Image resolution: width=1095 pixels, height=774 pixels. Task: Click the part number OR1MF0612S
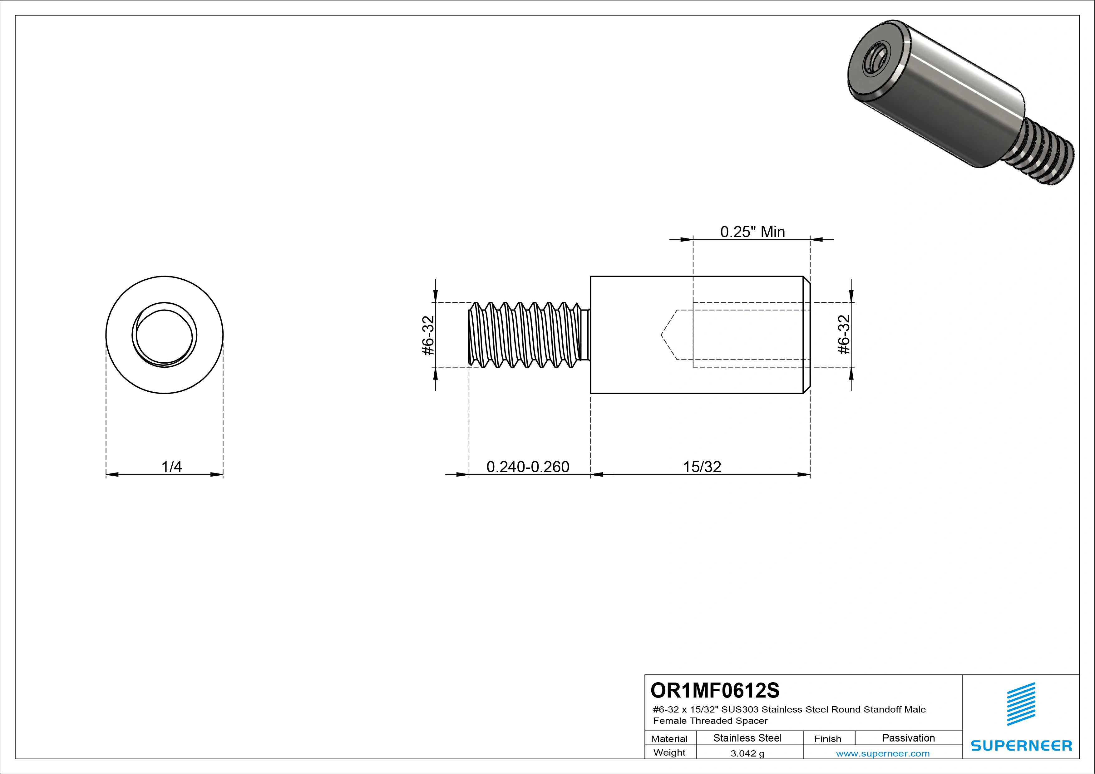point(714,690)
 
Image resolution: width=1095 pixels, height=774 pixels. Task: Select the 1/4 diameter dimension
point(171,467)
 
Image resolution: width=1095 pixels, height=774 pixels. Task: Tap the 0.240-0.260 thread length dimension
point(527,467)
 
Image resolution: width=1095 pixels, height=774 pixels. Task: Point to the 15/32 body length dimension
point(702,467)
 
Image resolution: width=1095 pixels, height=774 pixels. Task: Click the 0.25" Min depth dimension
point(752,232)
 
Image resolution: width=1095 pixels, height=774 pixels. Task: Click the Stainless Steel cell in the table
point(747,738)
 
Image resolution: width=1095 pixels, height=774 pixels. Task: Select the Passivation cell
point(908,738)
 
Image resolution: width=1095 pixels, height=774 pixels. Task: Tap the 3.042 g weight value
point(747,753)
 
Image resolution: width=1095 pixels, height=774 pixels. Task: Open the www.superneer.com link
point(882,753)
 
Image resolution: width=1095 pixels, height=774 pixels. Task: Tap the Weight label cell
point(669,752)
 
